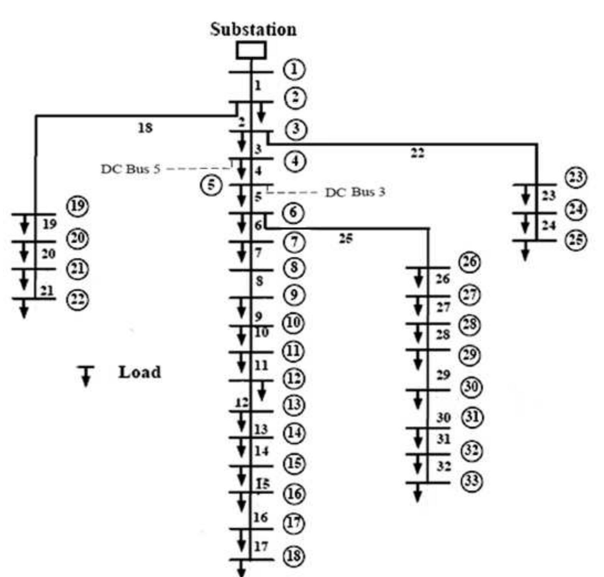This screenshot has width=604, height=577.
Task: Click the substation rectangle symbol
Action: pyautogui.click(x=251, y=50)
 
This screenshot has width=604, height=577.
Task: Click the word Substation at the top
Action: pyautogui.click(x=253, y=30)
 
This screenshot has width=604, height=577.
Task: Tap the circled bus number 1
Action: pyautogui.click(x=294, y=69)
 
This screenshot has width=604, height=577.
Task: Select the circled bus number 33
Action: pyautogui.click(x=471, y=480)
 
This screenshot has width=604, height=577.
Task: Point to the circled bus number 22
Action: pyautogui.click(x=78, y=299)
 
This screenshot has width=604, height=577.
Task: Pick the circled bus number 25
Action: pyautogui.click(x=576, y=240)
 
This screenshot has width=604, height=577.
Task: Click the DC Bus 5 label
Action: pyautogui.click(x=130, y=169)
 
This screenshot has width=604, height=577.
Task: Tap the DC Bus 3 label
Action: pyautogui.click(x=355, y=192)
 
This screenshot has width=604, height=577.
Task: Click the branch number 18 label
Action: pyautogui.click(x=145, y=128)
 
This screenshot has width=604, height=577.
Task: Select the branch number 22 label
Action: pyautogui.click(x=417, y=153)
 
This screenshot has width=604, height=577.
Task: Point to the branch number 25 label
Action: pyautogui.click(x=345, y=239)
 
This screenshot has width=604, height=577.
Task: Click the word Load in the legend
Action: pyautogui.click(x=140, y=372)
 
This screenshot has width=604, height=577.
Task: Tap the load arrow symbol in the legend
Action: pyautogui.click(x=86, y=376)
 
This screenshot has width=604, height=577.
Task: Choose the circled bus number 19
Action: pyautogui.click(x=78, y=206)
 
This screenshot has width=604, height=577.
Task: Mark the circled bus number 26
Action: pyautogui.click(x=470, y=262)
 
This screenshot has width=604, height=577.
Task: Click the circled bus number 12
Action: pyautogui.click(x=294, y=379)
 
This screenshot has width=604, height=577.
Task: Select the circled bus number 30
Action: pyautogui.click(x=471, y=386)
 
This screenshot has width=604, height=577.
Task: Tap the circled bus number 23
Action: pyautogui.click(x=576, y=177)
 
